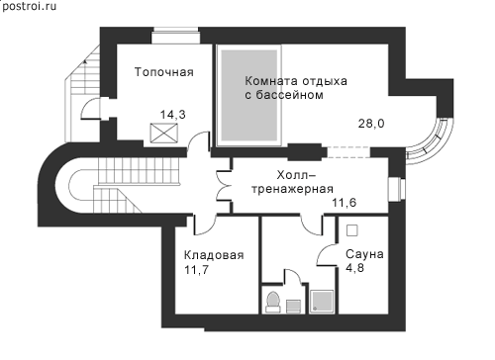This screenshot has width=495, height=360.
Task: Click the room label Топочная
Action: pos(164,72)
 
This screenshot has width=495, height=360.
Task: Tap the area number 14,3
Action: pos(173,115)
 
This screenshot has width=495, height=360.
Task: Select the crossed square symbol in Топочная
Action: pos(163,134)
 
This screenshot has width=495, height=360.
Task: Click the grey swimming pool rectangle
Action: pos(248,96)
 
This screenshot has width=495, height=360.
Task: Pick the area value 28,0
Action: pos(371,124)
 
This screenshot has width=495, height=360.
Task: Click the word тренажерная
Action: pos(292,189)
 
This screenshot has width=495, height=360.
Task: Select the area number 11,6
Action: pos(345,203)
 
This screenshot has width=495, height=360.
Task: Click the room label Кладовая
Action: pos(214,255)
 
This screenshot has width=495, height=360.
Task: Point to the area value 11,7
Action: pos(196,270)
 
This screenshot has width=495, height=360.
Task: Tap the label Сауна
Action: pos(364,254)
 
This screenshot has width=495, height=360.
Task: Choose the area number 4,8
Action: pos(354,268)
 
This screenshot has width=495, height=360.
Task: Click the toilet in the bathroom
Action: pos(273,303)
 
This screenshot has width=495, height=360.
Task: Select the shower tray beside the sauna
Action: pos(322,302)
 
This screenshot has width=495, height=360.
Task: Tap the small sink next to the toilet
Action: pos(293,307)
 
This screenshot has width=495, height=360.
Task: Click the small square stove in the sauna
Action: pos(352,230)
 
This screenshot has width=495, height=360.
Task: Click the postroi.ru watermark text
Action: pos(29,6)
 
